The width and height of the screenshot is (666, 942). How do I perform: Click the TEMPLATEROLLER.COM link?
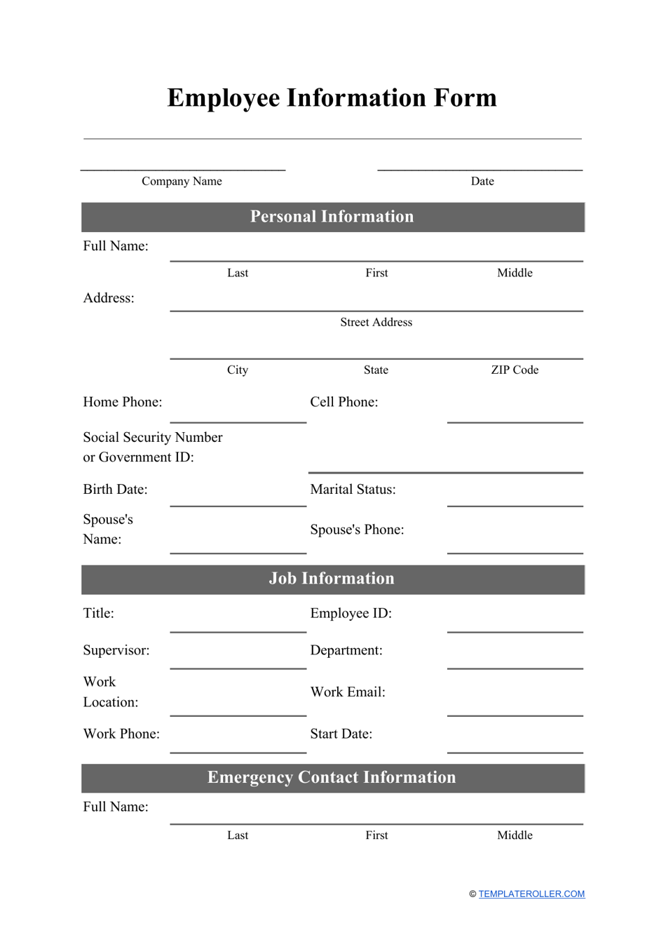[531, 894]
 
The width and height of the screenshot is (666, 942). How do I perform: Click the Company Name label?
[182, 181]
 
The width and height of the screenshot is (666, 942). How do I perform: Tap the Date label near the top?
[482, 181]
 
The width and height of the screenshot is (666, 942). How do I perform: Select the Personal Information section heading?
[332, 217]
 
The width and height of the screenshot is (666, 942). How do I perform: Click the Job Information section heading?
[332, 579]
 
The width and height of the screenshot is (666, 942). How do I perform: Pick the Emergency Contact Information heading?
[332, 778]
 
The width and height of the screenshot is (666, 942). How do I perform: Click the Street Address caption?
[376, 322]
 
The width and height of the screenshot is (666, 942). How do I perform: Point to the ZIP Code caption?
[515, 370]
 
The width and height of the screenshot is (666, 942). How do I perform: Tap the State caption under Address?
[376, 370]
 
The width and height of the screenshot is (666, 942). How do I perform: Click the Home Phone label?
[123, 402]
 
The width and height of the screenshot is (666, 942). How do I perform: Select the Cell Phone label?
[344, 402]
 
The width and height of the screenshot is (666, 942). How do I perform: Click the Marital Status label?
[353, 490]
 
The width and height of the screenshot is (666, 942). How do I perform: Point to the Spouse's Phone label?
[357, 530]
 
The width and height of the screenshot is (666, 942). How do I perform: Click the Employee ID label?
[351, 613]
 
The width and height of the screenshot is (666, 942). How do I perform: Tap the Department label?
[346, 650]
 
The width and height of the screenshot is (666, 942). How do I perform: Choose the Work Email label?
[348, 692]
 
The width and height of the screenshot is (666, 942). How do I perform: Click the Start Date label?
[341, 734]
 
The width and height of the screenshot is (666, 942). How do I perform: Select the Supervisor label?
[116, 650]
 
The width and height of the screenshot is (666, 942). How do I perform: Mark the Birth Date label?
[116, 490]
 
